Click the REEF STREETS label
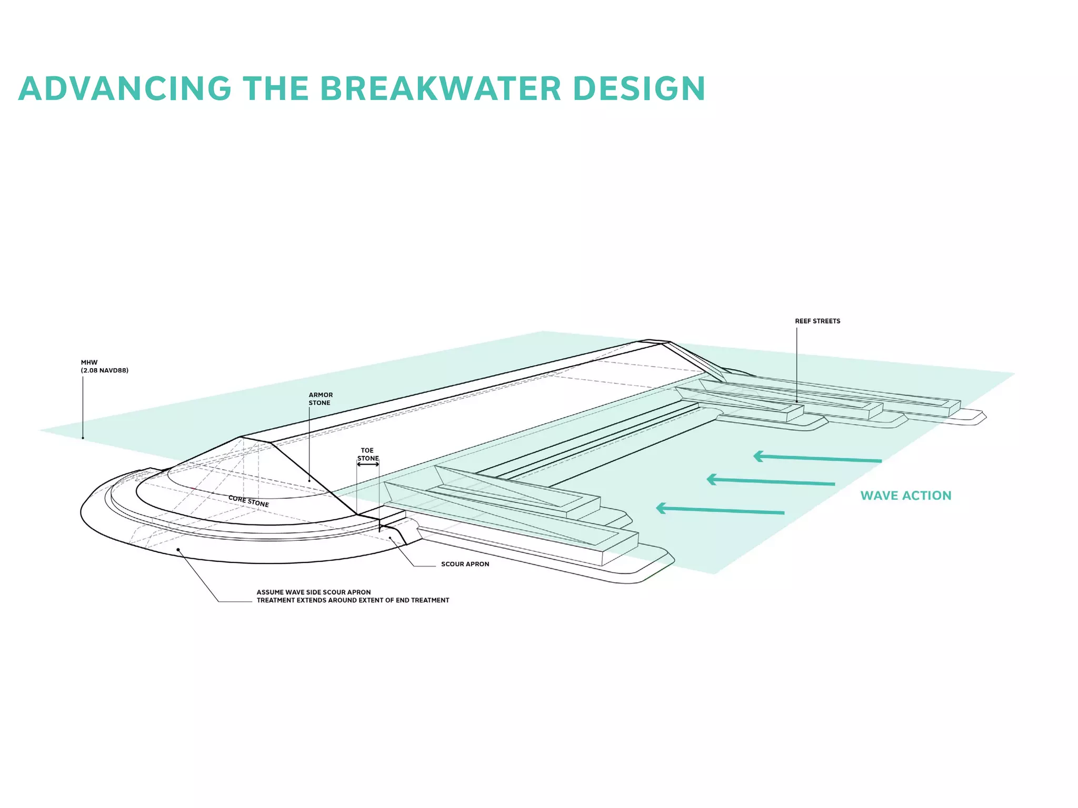[817, 321]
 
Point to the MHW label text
[89, 362]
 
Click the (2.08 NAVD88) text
[105, 370]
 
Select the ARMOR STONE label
[321, 399]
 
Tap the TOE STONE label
[367, 454]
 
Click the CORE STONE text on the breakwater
[248, 501]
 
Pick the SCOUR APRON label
[465, 564]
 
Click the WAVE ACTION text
[905, 496]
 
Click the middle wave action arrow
[771, 481]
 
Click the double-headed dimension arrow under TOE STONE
[368, 464]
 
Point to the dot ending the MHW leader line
[83, 438]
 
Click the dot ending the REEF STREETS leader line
[796, 402]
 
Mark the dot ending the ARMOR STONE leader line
[310, 480]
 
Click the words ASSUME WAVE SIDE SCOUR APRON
[314, 592]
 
